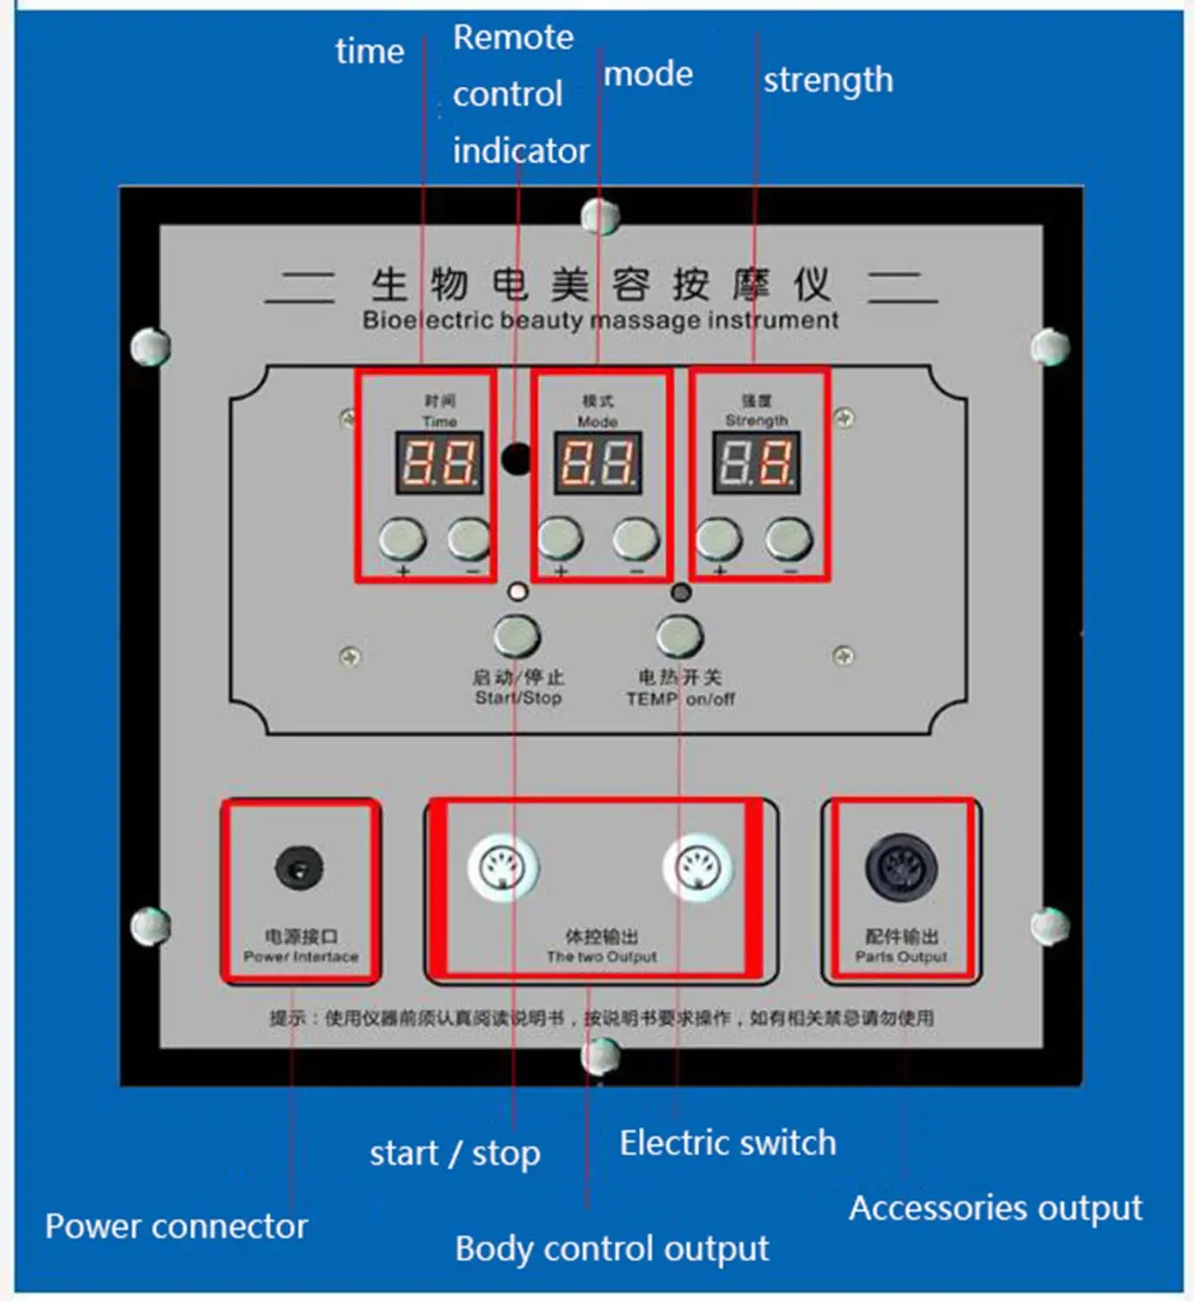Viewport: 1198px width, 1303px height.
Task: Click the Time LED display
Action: (439, 462)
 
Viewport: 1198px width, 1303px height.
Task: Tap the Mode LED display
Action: (598, 462)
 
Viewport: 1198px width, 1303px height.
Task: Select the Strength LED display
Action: (757, 462)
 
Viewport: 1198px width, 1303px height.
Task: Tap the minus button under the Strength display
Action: (789, 539)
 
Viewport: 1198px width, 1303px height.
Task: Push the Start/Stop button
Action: (517, 637)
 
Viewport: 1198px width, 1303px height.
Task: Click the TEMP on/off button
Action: (680, 637)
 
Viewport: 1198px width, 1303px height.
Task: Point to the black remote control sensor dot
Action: (516, 459)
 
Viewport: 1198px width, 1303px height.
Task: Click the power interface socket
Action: (299, 868)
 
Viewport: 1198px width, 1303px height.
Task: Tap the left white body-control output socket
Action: (504, 867)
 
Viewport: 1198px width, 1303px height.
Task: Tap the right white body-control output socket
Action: (698, 867)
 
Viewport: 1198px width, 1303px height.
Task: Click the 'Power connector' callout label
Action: (176, 1227)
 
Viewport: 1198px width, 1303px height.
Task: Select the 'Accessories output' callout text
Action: (995, 1208)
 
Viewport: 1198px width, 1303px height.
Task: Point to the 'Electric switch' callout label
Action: (727, 1143)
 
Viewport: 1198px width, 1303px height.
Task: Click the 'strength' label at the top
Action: (827, 80)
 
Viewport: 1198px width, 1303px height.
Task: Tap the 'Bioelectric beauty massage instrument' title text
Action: (600, 321)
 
